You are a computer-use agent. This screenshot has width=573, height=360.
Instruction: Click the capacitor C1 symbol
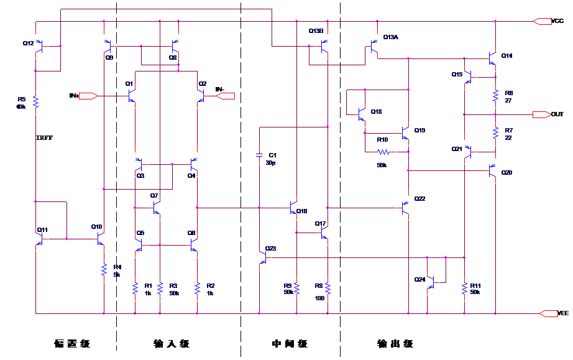(x=259, y=155)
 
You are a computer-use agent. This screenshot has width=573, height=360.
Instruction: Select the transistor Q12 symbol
(x=39, y=46)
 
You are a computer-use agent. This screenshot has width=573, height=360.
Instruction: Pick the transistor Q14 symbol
(x=493, y=58)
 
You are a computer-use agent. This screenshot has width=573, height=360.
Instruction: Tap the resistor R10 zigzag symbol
(x=383, y=152)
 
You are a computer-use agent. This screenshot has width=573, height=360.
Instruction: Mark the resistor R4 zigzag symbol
(x=104, y=270)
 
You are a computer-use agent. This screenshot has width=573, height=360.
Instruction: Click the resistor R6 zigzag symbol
(x=495, y=96)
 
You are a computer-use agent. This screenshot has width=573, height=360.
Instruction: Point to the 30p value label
(x=270, y=163)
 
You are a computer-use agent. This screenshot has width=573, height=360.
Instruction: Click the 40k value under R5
(x=21, y=107)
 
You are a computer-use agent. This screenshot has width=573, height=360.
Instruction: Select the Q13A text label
(x=390, y=37)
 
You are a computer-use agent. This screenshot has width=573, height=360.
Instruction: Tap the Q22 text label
(x=420, y=199)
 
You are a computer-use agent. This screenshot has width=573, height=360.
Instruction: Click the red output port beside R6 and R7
(x=541, y=114)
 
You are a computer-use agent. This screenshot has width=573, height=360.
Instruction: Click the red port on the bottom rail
(x=549, y=313)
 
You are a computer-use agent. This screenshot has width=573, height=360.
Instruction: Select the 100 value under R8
(x=319, y=298)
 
